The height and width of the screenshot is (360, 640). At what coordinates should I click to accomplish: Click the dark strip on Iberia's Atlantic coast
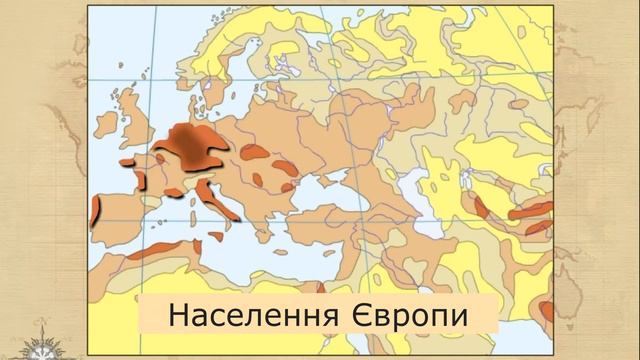coord(96,211)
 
